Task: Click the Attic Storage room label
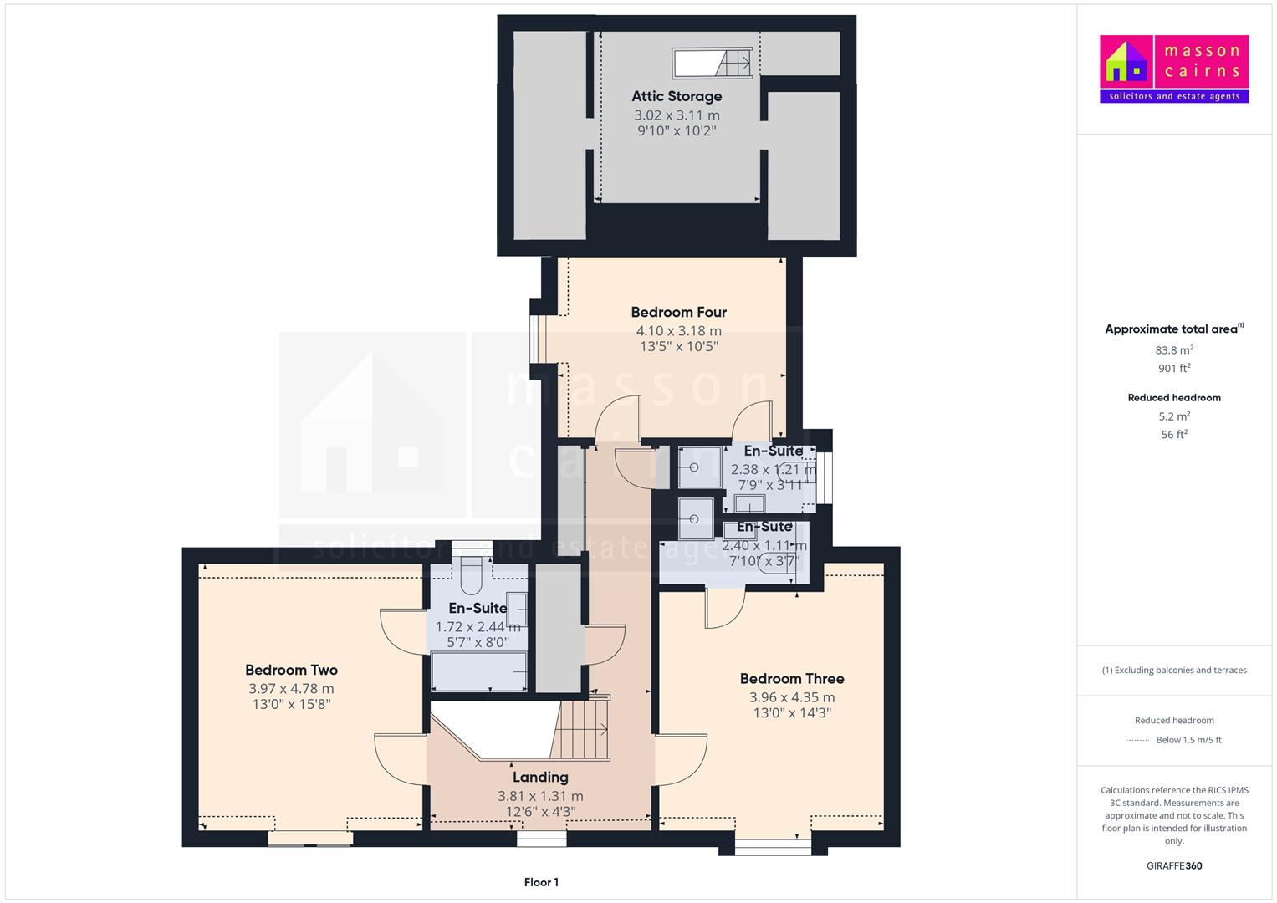677,96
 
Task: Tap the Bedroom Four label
678,312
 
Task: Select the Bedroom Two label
291,670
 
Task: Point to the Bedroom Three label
791,678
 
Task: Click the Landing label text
540,777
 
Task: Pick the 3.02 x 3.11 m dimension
677,115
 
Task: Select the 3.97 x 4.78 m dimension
291,689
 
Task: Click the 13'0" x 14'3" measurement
791,713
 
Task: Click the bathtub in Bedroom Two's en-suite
478,671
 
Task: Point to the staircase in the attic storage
734,62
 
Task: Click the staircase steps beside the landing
583,729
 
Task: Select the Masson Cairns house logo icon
1126,62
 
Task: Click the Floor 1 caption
541,882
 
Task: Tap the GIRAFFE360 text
1174,865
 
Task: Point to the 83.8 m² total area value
1174,350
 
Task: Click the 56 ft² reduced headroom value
1174,434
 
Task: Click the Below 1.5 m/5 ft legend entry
1188,740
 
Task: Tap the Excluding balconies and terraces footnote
1174,670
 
